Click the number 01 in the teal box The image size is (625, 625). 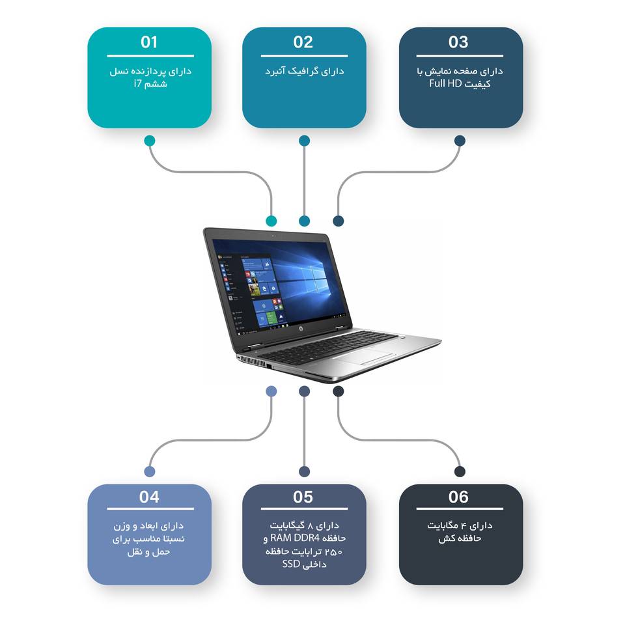pos(149,42)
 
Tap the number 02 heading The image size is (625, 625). pos(303,42)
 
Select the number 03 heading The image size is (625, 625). pos(458,42)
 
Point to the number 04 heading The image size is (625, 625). pos(149,497)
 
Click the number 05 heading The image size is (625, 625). pos(303,497)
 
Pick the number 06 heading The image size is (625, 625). pos(458,497)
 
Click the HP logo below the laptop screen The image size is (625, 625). pos(301,331)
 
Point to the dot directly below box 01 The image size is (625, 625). pos(150,141)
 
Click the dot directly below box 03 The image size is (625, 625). pos(460,141)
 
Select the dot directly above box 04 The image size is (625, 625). pos(150,471)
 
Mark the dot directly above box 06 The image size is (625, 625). pos(460,471)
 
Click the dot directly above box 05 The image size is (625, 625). pos(304,471)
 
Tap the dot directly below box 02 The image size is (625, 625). pos(304,141)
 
